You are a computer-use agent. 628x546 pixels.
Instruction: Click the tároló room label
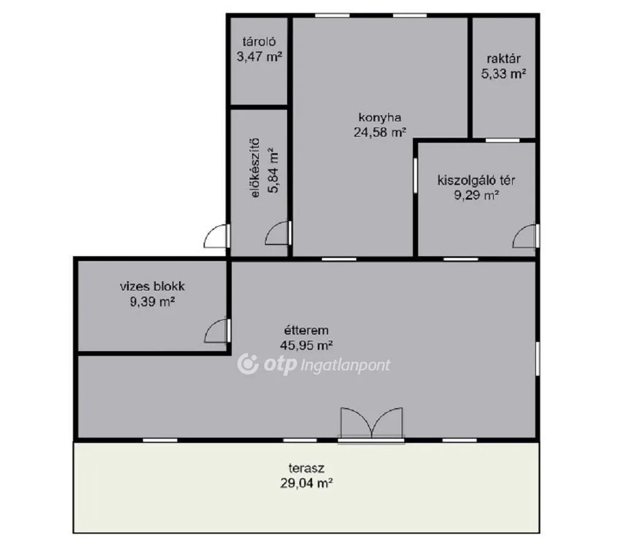point(259,42)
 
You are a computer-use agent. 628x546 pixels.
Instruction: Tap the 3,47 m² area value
point(259,56)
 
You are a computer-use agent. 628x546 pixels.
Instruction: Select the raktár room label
point(504,59)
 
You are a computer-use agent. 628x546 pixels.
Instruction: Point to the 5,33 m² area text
point(504,74)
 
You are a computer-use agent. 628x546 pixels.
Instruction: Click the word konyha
point(380,117)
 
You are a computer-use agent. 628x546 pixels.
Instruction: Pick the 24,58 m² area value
point(380,132)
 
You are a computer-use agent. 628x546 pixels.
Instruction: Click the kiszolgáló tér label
point(476,180)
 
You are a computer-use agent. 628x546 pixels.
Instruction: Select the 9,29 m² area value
point(476,195)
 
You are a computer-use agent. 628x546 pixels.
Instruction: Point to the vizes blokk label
point(152,286)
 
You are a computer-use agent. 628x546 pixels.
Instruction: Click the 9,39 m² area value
point(152,301)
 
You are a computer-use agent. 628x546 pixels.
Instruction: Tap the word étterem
point(306,330)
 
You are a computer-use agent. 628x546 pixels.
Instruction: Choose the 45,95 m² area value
point(306,345)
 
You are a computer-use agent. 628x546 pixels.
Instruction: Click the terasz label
point(307,468)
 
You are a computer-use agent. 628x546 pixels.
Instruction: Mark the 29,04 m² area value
point(307,483)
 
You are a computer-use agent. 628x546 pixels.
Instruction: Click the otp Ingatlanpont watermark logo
point(313,364)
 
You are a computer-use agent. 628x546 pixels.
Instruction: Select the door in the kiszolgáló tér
point(526,236)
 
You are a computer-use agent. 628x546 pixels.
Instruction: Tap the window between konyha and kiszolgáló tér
point(415,176)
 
